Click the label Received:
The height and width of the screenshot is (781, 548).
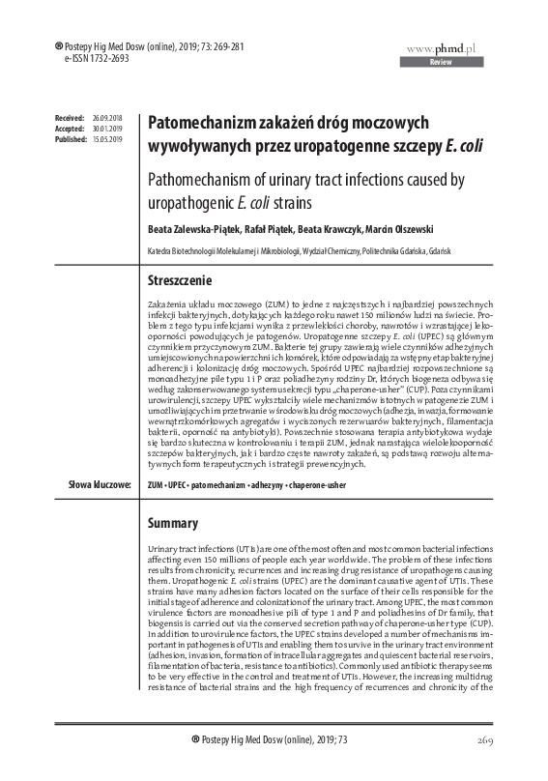[x=70, y=116]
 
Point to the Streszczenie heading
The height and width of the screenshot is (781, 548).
[x=178, y=279]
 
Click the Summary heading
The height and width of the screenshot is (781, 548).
[x=172, y=523]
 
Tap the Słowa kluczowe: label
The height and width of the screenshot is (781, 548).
[x=99, y=483]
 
